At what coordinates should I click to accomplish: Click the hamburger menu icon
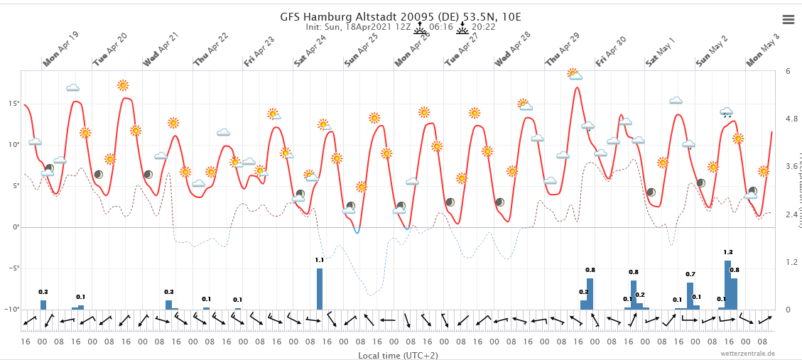pos(788,19)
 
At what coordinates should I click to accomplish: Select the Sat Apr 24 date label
pos(310,51)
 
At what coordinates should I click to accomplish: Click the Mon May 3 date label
pos(763,51)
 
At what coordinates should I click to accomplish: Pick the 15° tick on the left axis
pos(14,104)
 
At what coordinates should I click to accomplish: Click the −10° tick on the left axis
pos(12,310)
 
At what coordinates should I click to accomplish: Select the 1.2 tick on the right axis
pos(791,262)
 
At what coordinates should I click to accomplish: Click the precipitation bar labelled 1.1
pos(320,288)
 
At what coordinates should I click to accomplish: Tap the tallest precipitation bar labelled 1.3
pos(727,285)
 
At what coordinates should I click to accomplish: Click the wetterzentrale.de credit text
pos(747,353)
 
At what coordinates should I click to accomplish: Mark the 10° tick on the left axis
pos(14,145)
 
